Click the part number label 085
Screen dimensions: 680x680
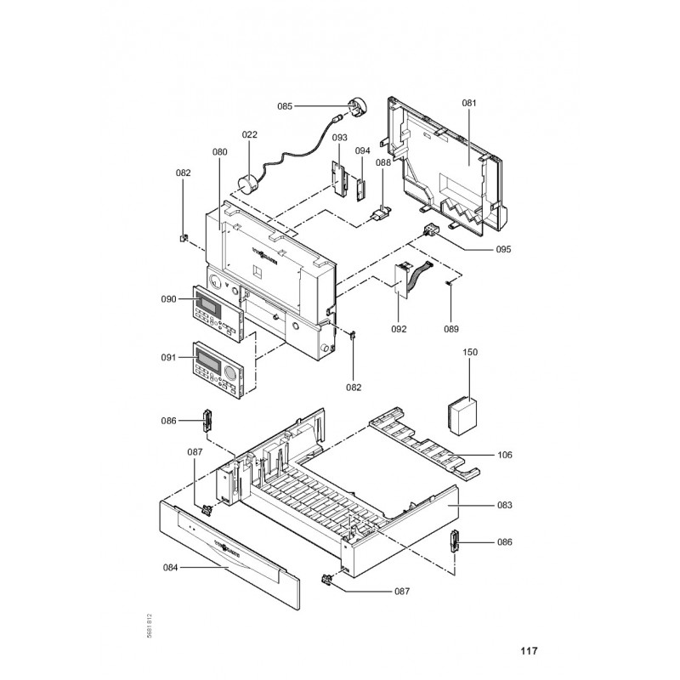[x=285, y=106]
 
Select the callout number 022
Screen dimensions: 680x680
[x=249, y=134]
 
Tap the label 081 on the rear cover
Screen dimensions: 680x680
[x=469, y=104]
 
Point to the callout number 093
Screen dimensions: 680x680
[x=339, y=138]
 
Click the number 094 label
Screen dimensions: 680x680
[x=363, y=150]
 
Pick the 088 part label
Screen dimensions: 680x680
[x=383, y=162]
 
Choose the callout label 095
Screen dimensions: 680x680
[x=504, y=250]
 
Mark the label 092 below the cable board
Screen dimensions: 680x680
[x=399, y=329]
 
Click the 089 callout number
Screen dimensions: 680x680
[x=451, y=329]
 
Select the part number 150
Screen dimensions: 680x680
[x=470, y=352]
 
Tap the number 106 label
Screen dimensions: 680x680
[x=505, y=455]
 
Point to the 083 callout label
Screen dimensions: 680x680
[x=505, y=506]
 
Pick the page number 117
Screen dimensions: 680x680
[x=529, y=652]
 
